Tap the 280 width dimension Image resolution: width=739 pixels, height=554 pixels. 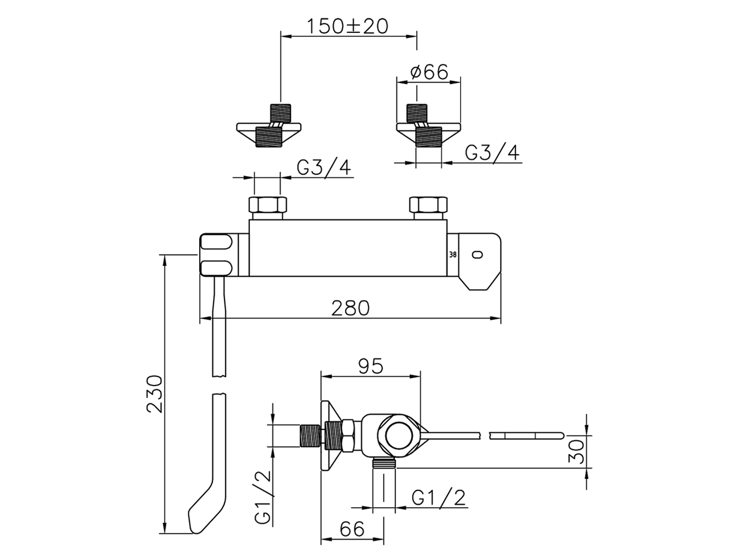[350, 308]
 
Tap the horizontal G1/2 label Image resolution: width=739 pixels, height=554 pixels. [439, 497]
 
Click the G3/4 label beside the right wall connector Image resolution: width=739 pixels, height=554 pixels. [492, 152]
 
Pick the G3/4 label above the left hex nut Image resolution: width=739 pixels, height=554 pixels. [324, 167]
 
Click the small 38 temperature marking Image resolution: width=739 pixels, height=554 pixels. [452, 254]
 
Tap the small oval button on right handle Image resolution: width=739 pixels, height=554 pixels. [477, 254]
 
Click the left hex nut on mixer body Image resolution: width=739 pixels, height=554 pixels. [267, 206]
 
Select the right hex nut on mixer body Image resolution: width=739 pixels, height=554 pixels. [428, 206]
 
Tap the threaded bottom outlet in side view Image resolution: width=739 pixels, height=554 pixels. [385, 462]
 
